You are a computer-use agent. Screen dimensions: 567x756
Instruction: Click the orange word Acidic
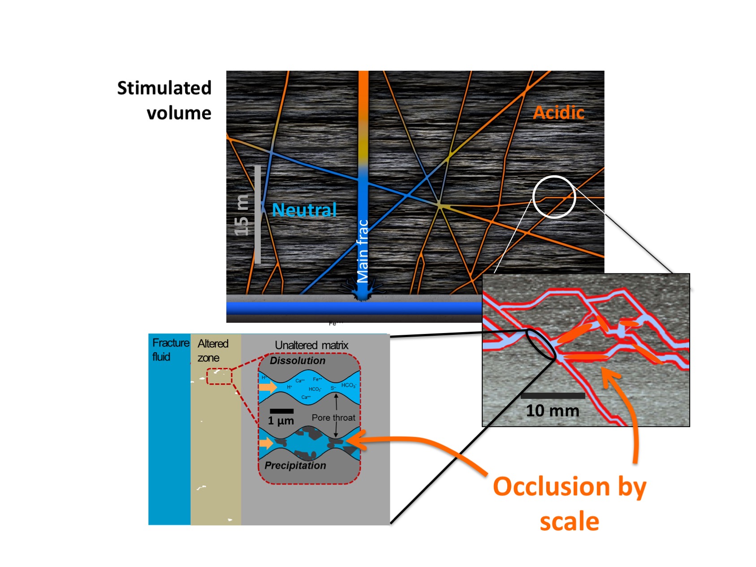[558, 113]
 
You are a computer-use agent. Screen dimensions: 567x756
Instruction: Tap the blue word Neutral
[304, 210]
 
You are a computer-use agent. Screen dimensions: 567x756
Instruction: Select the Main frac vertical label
[362, 251]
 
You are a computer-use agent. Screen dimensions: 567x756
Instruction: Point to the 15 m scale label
[242, 215]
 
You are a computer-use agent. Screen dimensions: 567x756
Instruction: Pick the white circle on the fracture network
[554, 197]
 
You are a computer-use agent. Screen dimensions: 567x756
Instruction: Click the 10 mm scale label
[553, 411]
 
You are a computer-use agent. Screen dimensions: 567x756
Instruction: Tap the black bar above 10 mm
[553, 396]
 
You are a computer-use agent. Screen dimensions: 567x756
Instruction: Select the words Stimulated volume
[164, 100]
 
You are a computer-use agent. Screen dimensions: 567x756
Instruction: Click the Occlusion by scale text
[569, 503]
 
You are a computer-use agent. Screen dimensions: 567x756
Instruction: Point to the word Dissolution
[298, 361]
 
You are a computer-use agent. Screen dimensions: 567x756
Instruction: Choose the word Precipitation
[295, 466]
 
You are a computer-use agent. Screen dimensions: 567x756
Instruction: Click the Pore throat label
[333, 418]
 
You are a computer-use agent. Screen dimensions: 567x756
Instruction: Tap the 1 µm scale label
[281, 421]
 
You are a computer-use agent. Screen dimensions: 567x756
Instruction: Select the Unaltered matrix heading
[311, 345]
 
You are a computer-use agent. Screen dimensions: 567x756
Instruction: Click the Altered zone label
[213, 351]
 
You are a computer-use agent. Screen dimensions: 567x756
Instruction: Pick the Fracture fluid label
[170, 350]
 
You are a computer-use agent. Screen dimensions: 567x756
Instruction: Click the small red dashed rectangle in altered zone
[219, 376]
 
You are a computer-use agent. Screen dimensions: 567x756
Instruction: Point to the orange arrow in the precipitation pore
[267, 443]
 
